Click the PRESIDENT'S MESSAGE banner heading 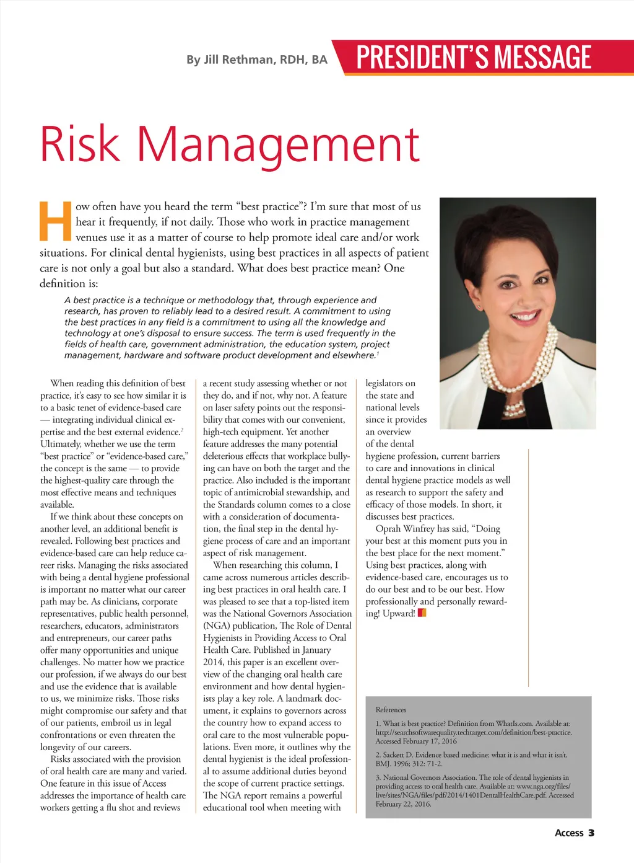click(x=474, y=57)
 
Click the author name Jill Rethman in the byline click(x=239, y=60)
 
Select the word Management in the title click(x=279, y=144)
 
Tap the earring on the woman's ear click(x=480, y=306)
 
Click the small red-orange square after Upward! click(x=422, y=613)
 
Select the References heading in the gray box click(x=391, y=710)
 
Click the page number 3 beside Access click(x=591, y=833)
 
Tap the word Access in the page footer click(x=569, y=833)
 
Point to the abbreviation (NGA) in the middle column click(x=216, y=626)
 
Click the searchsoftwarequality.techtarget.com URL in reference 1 click(x=474, y=732)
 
